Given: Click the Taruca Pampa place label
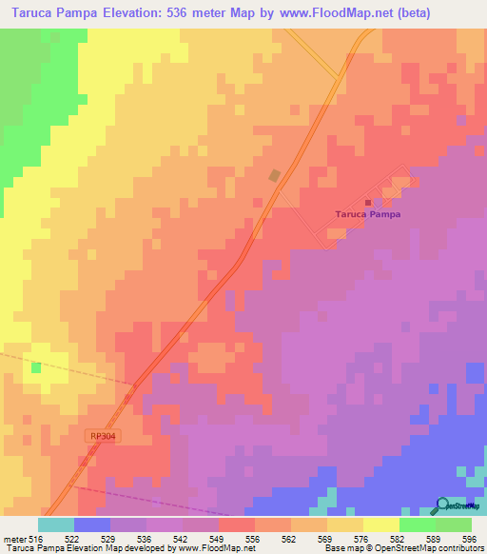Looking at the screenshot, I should pos(368,214).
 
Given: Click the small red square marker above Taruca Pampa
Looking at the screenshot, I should pos(368,202).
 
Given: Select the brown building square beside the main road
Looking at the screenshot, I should pos(275,175).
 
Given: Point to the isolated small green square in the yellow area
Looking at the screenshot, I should pos(36,366).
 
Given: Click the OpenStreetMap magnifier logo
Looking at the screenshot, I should pos(443,505).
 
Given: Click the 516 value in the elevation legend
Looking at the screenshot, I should pos(37,539).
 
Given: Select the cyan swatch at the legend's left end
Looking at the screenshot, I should pos(55,524).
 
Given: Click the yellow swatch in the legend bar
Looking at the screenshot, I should pos(380,524).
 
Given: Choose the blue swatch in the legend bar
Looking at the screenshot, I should pos(92,524).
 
